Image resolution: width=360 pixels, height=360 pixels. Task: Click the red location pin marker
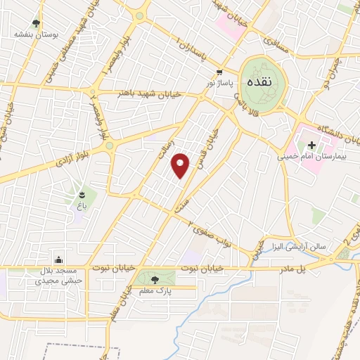(181, 165)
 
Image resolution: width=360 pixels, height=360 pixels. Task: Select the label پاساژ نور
(219, 83)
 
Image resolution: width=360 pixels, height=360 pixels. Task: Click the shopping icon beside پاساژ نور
(219, 72)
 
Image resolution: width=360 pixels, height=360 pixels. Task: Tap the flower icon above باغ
(83, 194)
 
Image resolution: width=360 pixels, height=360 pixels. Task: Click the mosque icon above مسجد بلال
(58, 259)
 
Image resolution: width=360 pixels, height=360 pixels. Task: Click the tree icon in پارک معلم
(155, 279)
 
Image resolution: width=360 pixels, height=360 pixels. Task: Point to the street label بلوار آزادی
(73, 155)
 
